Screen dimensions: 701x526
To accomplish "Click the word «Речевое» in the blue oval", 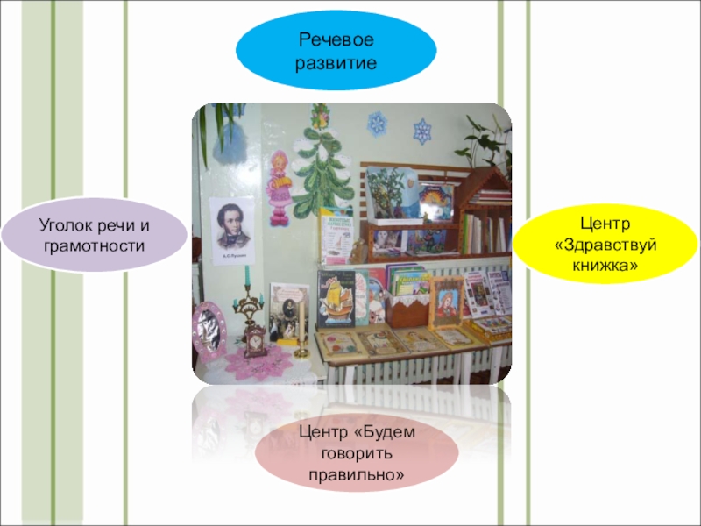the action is [336, 39].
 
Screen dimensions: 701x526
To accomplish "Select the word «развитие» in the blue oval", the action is [336, 63].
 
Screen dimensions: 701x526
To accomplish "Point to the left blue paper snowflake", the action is [378, 124].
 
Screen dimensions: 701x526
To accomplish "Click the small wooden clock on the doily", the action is [255, 342].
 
